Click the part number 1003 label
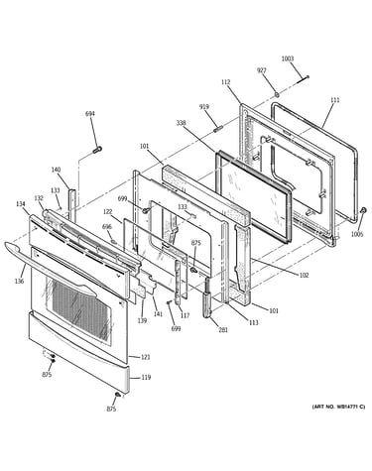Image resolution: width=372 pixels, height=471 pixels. [288, 59]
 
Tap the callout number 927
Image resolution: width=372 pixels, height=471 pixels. [262, 70]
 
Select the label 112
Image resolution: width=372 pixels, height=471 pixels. [226, 82]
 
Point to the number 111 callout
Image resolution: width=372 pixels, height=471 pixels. [335, 100]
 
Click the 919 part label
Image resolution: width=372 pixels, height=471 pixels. [204, 107]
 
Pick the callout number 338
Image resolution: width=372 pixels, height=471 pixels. [181, 123]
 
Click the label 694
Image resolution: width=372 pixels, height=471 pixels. [90, 114]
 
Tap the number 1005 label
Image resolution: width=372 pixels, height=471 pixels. [357, 234]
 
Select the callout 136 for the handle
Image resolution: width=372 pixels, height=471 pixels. [19, 282]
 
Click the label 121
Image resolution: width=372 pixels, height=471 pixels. [146, 357]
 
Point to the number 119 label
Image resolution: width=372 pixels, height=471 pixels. [146, 377]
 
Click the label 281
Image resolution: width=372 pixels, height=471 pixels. [223, 329]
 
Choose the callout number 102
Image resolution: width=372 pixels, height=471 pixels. [304, 275]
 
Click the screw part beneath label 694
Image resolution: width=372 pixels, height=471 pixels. [97, 150]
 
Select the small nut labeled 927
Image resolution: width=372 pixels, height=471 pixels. [277, 95]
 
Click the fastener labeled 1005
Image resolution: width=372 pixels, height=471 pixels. [363, 210]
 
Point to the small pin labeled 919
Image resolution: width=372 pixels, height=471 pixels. [218, 128]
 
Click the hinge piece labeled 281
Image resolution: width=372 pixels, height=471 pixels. [207, 297]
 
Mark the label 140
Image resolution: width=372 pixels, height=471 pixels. [56, 170]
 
